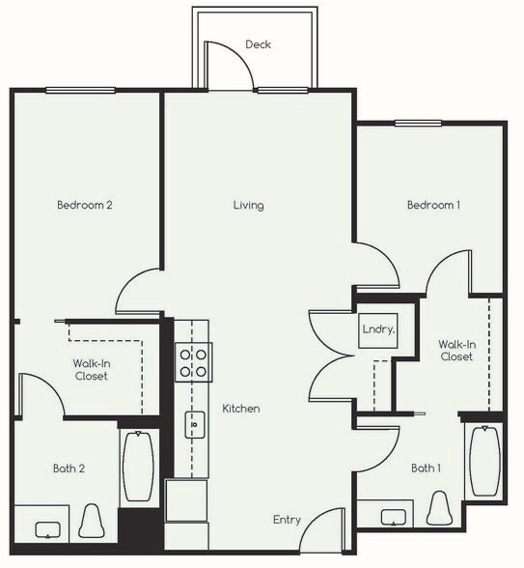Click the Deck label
click(x=258, y=44)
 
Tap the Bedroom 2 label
click(x=85, y=205)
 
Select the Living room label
click(x=248, y=205)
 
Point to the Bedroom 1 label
click(x=432, y=205)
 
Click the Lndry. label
click(x=377, y=329)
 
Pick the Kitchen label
click(x=241, y=409)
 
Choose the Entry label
click(x=287, y=520)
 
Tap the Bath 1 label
click(x=426, y=469)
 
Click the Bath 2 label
click(x=69, y=469)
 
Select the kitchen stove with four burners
click(x=193, y=362)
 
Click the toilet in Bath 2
click(x=94, y=523)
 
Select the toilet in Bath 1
click(x=441, y=509)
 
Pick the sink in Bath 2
click(x=48, y=529)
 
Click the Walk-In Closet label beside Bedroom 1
click(x=456, y=350)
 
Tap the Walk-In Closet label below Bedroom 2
click(x=90, y=369)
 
